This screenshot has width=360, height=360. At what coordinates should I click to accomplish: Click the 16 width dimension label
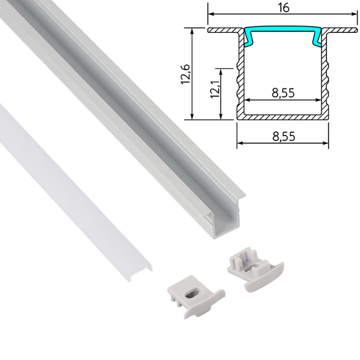tap(282, 7)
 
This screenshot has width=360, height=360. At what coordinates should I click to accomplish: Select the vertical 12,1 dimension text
tap(215, 92)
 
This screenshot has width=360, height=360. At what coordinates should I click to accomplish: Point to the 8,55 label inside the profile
tap(281, 93)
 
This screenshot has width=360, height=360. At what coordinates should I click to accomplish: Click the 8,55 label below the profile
tap(281, 137)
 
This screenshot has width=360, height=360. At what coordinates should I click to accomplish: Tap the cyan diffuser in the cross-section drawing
tap(282, 32)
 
